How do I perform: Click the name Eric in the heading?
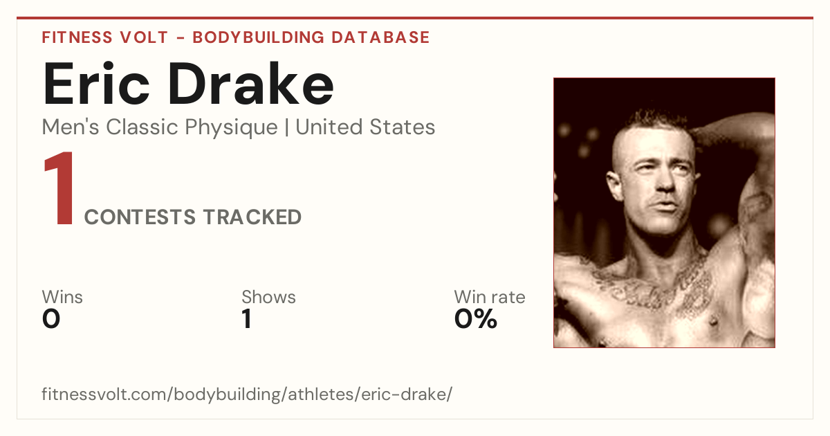coord(96,84)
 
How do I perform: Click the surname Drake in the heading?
coord(251,84)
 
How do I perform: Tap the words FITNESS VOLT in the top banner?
coord(105,37)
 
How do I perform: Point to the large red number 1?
coord(59,188)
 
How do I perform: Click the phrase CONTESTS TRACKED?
coord(193,217)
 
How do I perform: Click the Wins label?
coord(62,297)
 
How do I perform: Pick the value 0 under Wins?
coord(51,319)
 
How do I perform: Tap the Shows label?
coord(268,297)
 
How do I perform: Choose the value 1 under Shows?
coord(247,319)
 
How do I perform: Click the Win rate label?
coord(490,297)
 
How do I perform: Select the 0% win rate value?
coord(475,319)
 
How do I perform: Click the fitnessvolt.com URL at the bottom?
coord(247,394)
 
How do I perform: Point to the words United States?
coord(365,127)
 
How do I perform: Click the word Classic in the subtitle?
coord(142,127)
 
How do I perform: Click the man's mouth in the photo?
coord(666,204)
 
